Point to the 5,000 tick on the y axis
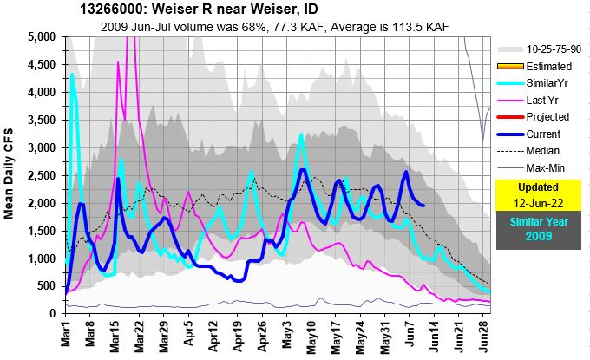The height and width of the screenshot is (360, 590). (43, 37)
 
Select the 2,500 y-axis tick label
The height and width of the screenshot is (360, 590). (43, 175)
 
